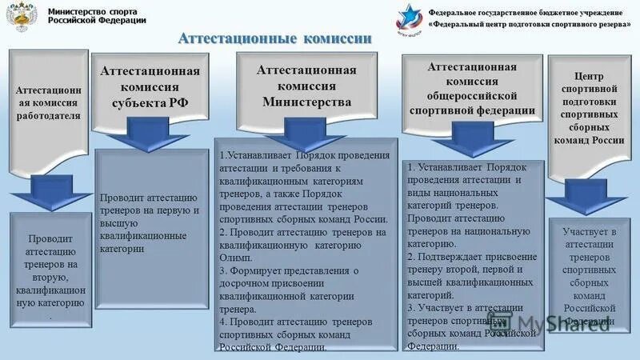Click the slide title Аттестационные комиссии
pos(274,38)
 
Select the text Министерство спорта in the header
pos(92,11)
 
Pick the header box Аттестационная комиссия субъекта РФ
pos(150,87)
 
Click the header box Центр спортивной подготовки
pos(590,107)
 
